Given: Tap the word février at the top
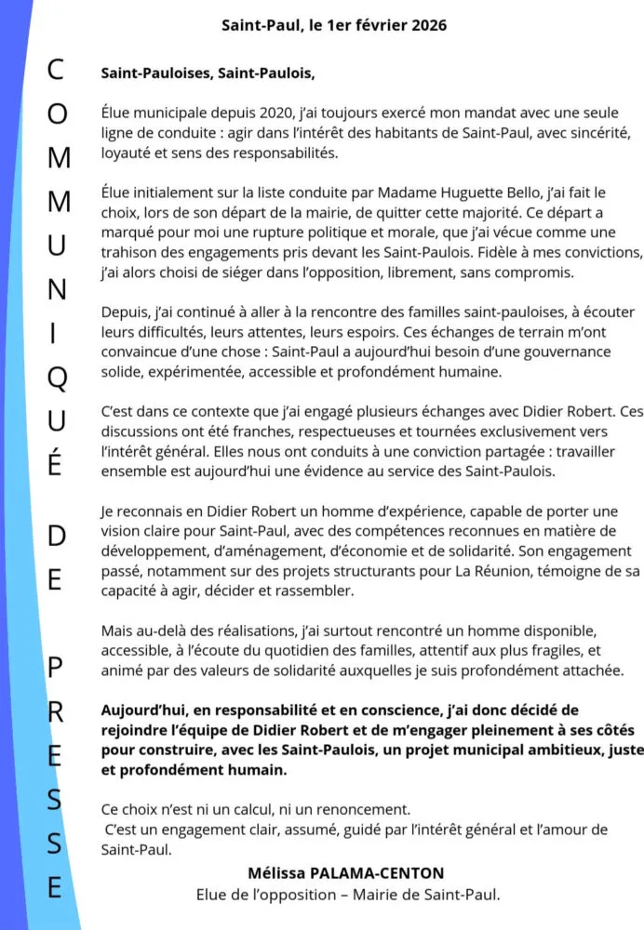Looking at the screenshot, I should click(376, 25).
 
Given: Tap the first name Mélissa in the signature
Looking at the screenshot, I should click(276, 874).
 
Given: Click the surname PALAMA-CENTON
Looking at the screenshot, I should click(377, 874).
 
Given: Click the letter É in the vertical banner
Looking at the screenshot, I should click(56, 464).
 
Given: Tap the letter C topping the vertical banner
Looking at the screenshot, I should click(56, 68).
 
